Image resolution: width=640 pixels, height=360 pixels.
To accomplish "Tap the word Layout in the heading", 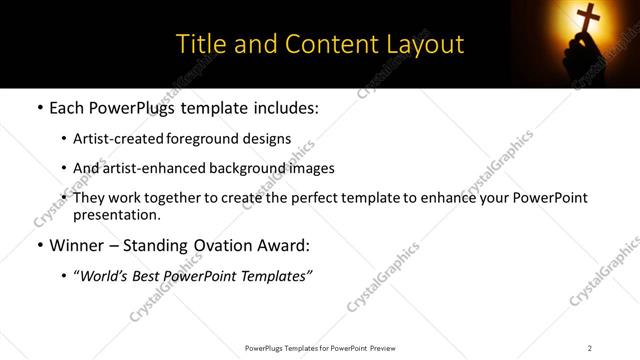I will (427, 45).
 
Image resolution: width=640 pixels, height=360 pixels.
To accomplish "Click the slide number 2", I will (590, 347).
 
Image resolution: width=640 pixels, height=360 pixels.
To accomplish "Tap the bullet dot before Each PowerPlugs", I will (39, 105).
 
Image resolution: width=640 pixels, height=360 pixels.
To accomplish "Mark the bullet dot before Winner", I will (39, 245).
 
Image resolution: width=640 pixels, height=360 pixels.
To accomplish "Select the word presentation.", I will (116, 214).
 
